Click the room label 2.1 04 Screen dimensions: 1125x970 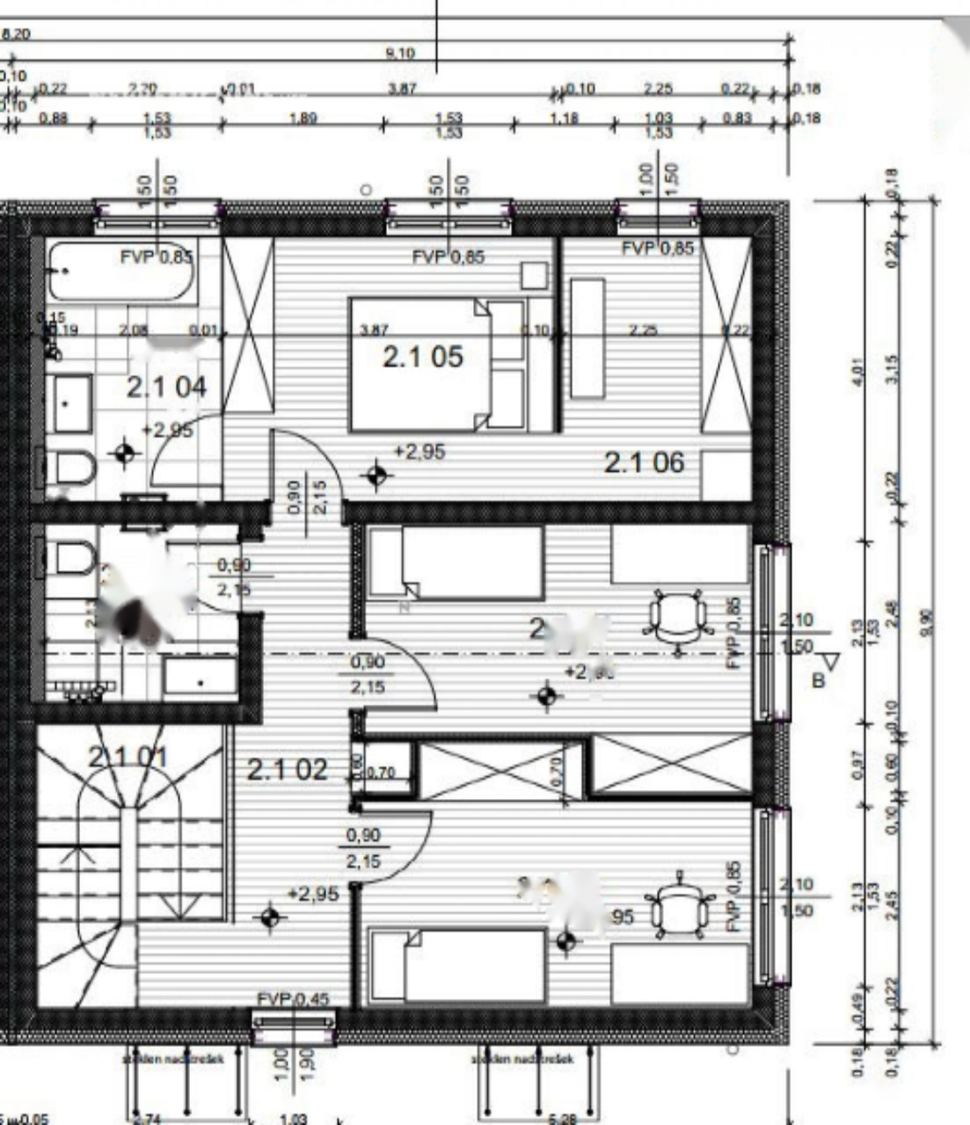click(166, 387)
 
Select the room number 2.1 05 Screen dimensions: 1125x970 click(422, 357)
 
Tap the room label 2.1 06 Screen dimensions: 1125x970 click(643, 462)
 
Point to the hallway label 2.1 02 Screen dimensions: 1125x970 click(287, 770)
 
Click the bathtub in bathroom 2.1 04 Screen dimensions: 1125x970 click(120, 272)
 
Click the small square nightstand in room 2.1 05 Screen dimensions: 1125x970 click(534, 276)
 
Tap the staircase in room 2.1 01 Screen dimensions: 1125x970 click(129, 844)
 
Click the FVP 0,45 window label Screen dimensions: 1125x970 click(294, 998)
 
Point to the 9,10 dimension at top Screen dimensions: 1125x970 click(400, 54)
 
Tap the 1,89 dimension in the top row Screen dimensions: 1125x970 click(303, 118)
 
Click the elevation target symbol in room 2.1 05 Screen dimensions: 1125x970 click(377, 475)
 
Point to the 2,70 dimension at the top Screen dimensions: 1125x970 click(142, 89)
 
